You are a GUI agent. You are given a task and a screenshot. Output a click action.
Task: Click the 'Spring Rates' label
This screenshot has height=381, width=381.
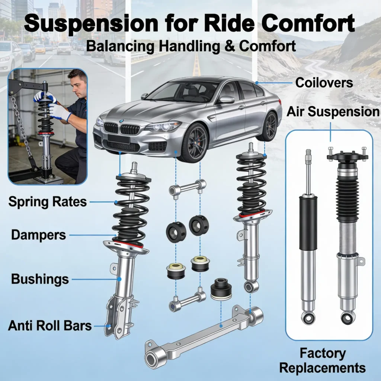[47, 202]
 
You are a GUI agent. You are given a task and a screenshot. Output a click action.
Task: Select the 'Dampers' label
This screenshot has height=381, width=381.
[38, 235]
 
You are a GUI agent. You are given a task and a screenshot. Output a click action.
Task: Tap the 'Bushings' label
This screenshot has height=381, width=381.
[40, 279]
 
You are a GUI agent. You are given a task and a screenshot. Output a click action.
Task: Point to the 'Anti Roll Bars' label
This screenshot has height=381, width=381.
[50, 326]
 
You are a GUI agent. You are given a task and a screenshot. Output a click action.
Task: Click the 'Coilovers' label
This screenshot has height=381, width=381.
[324, 82]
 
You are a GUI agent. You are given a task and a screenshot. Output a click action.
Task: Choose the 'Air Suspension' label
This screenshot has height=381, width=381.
[333, 111]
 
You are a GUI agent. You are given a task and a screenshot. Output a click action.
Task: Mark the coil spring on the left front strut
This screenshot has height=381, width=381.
[131, 212]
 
